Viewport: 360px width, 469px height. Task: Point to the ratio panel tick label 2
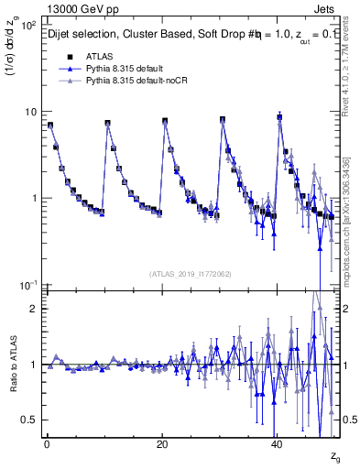pyautogui.click(x=35, y=309)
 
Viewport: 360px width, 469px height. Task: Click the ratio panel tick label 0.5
pyautogui.click(x=30, y=420)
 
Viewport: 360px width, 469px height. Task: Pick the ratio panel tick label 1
pyautogui.click(x=35, y=365)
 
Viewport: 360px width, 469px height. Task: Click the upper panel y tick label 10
pyautogui.click(x=30, y=112)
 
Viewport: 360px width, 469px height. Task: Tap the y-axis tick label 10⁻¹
pyautogui.click(x=27, y=285)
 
